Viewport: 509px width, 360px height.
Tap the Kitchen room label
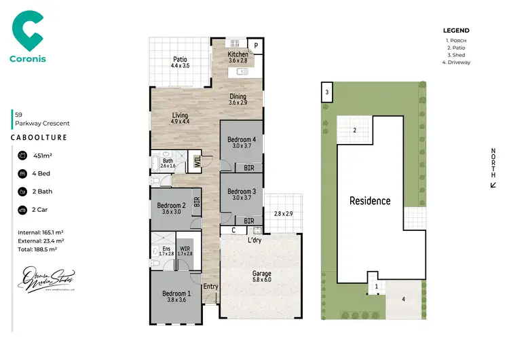pyautogui.click(x=238, y=54)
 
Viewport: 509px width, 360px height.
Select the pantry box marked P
pyautogui.click(x=257, y=46)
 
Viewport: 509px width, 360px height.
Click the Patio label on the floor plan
pyautogui.click(x=180, y=60)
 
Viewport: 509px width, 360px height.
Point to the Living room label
pyautogui.click(x=179, y=115)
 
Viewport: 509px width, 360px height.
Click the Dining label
pyautogui.click(x=238, y=96)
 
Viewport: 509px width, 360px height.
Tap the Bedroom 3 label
pyautogui.click(x=242, y=192)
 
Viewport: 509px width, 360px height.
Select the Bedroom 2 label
pyautogui.click(x=171, y=205)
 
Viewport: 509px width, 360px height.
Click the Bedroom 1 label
pyautogui.click(x=176, y=293)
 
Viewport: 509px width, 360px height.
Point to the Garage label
pyautogui.click(x=262, y=274)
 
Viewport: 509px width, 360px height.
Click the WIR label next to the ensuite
pyautogui.click(x=185, y=249)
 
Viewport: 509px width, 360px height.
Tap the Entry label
pyautogui.click(x=211, y=286)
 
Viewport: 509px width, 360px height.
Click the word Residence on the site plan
pyautogui.click(x=370, y=200)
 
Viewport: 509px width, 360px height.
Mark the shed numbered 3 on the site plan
pyautogui.click(x=326, y=92)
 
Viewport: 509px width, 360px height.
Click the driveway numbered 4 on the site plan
pyautogui.click(x=403, y=298)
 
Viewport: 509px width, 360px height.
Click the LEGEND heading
pyautogui.click(x=456, y=31)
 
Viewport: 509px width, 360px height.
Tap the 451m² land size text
pyautogui.click(x=43, y=156)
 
